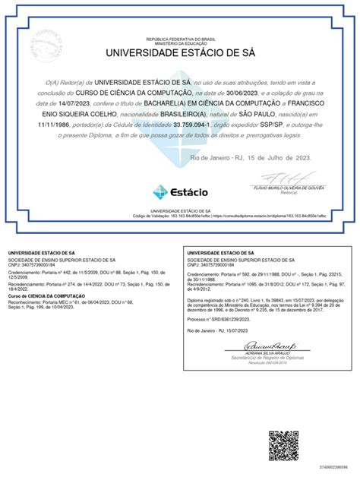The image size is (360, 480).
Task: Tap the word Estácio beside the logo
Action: tap(189, 192)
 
